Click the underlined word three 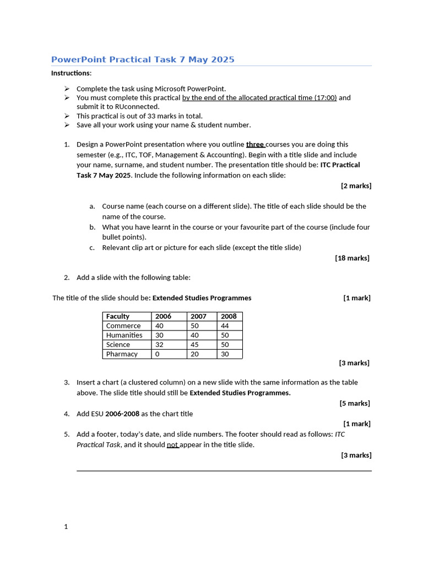(255, 144)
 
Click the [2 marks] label (356, 186)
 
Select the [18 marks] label (352, 258)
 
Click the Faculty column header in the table (118, 316)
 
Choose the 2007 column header (199, 316)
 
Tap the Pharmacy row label (122, 354)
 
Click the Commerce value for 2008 (225, 326)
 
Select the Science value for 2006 (160, 344)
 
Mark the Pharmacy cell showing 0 (158, 354)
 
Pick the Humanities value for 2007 (195, 335)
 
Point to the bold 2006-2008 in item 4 (122, 414)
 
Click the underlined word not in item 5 (172, 444)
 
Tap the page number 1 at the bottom (66, 527)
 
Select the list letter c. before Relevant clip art (92, 248)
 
